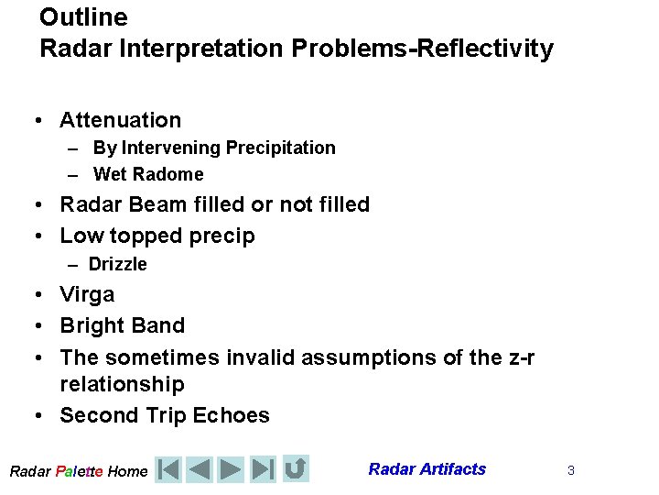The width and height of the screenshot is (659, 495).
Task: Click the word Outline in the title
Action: (x=83, y=17)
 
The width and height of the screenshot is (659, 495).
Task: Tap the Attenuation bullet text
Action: (x=120, y=120)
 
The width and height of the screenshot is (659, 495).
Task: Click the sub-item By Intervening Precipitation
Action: (x=214, y=148)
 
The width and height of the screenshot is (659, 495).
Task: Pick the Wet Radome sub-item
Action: (x=148, y=174)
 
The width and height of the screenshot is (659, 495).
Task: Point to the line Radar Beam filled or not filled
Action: (x=214, y=204)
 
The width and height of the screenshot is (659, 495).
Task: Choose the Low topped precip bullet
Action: (x=157, y=236)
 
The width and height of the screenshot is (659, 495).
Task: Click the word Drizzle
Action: (x=117, y=264)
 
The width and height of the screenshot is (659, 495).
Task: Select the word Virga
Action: (x=87, y=294)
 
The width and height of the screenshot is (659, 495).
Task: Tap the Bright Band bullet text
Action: (x=122, y=325)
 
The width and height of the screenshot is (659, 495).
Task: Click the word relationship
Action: (x=122, y=384)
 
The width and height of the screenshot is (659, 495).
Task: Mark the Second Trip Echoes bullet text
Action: (x=165, y=415)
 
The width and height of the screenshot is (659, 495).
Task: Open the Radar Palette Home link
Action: (x=78, y=471)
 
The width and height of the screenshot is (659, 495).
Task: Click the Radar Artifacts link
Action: (x=427, y=469)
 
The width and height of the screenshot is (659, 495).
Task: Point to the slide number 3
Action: (x=570, y=470)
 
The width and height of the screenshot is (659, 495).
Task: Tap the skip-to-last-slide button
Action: (x=263, y=469)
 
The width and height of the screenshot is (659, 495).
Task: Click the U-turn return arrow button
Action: (x=295, y=468)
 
